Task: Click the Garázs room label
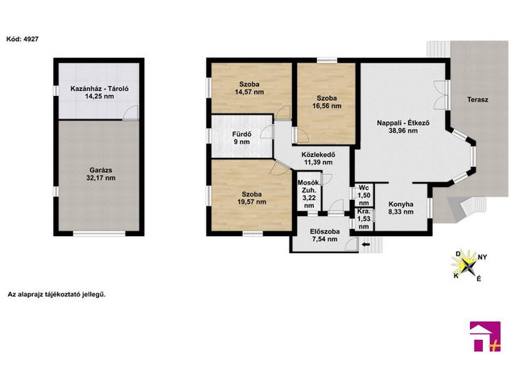pos(101,170)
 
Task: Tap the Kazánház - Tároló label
pos(100,89)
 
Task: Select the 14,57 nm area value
pos(249,92)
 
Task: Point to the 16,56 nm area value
pos(327,106)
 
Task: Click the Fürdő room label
pos(241,135)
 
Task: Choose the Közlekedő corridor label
pos(319,154)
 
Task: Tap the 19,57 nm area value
pos(252,202)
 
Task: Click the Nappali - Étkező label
pos(403,123)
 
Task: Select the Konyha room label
pos(401,204)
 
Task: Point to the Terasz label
pos(477,100)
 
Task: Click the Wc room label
pos(364,188)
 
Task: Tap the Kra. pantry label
pos(364,211)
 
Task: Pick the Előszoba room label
pos(325,231)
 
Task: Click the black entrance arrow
pos(365,245)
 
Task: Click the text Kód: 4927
pos(23,39)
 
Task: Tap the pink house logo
pos(485,336)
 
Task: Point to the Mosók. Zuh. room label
pos(309,186)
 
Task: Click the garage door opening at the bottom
pos(99,234)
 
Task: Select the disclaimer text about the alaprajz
pos(56,294)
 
